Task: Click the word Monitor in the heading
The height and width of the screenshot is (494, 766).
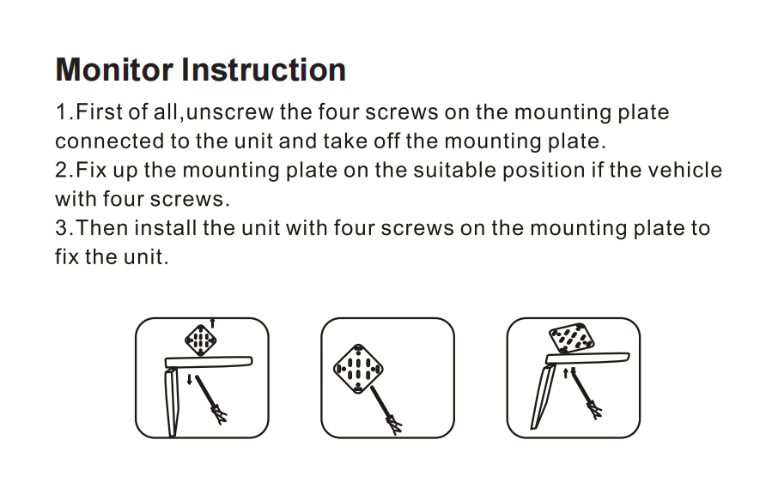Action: point(114,69)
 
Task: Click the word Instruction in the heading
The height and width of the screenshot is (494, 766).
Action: point(264,69)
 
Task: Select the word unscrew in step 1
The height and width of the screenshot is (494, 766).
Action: point(229,112)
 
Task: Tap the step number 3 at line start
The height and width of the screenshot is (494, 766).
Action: point(61,228)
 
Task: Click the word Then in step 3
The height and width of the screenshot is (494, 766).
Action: point(101,228)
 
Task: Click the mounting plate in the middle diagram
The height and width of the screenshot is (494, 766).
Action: point(358,369)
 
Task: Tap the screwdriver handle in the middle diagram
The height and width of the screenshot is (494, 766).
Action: point(394,424)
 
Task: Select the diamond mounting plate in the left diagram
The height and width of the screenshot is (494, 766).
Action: point(201,340)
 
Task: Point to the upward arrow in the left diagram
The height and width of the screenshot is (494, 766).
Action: point(212,322)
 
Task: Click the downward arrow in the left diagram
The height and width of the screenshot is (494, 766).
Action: point(190,379)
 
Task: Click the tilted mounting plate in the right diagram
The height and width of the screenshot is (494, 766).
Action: point(572,337)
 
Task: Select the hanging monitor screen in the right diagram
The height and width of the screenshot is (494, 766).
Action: point(543,397)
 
